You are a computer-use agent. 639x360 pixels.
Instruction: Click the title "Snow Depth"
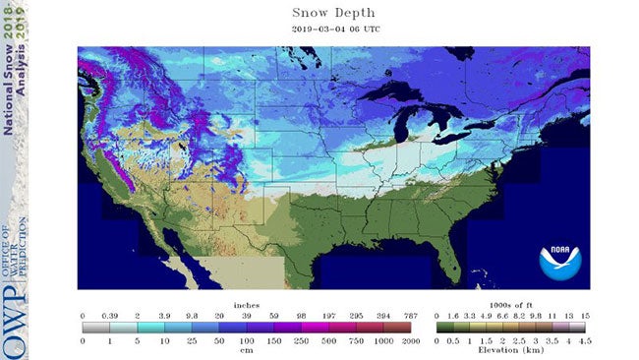click(x=332, y=14)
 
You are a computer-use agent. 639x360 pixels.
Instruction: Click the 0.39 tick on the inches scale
click(x=110, y=316)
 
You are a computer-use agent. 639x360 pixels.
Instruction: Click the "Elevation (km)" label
click(x=510, y=351)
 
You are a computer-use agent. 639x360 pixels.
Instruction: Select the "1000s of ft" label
click(x=509, y=305)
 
